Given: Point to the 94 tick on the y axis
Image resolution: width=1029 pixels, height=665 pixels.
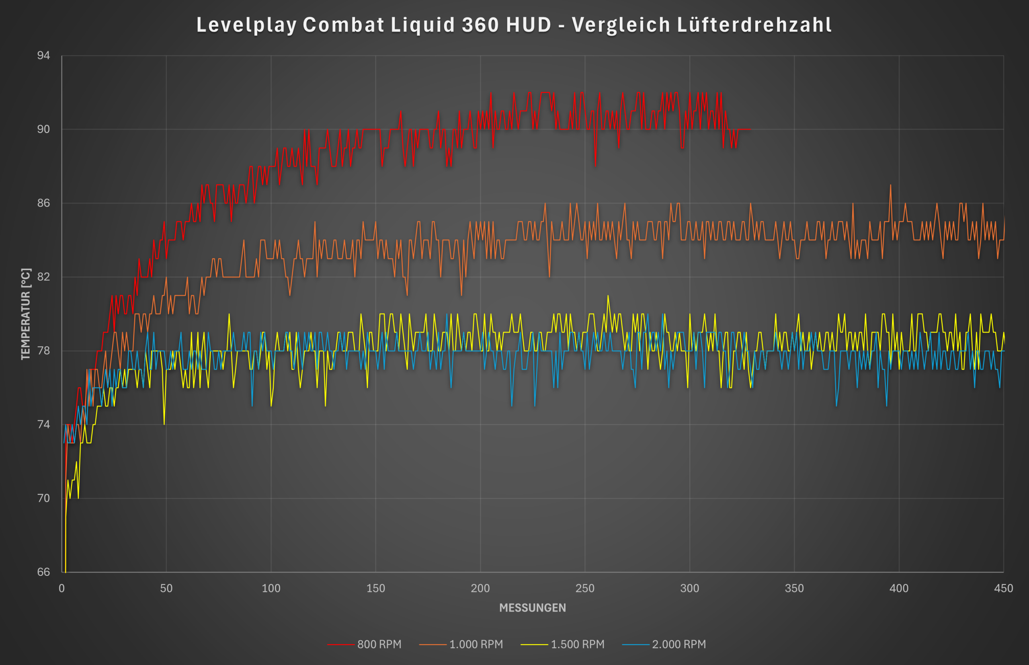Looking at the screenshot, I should [x=43, y=55].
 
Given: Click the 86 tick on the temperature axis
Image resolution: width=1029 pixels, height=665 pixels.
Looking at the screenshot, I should [x=43, y=203].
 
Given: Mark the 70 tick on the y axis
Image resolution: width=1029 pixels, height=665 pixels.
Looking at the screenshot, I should [x=43, y=498].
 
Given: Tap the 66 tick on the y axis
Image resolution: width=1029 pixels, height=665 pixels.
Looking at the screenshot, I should [x=43, y=572].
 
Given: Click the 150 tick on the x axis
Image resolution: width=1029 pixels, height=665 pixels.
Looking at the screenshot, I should [x=375, y=588].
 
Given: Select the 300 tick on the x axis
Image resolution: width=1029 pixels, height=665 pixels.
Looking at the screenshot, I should [x=690, y=588].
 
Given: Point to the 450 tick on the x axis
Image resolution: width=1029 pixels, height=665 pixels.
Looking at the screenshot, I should [x=1004, y=588].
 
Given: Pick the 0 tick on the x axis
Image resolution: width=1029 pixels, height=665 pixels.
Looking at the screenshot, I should [x=62, y=588].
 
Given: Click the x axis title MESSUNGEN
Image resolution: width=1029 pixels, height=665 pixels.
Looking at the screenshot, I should [x=533, y=608].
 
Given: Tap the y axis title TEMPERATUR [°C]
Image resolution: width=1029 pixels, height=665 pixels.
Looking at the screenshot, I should [x=26, y=314].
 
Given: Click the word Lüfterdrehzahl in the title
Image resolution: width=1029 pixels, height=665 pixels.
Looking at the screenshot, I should [x=754, y=25].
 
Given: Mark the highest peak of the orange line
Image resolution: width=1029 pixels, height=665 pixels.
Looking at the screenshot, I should [x=890, y=185].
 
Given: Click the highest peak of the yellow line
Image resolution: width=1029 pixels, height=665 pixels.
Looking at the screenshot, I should [x=608, y=296].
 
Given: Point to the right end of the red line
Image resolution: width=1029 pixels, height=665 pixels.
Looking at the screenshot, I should [x=750, y=129].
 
